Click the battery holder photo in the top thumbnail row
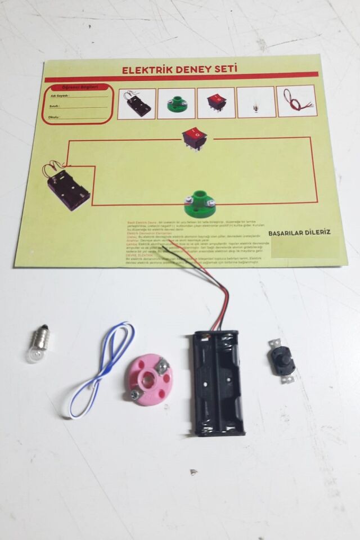coord(136,103)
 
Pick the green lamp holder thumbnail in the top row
coord(177,103)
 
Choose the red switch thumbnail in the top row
coord(216,102)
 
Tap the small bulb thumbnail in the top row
coord(256,102)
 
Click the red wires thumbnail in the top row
coord(296,101)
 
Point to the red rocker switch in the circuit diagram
coord(194,137)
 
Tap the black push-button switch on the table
coord(281,361)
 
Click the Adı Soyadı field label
coord(55,96)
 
